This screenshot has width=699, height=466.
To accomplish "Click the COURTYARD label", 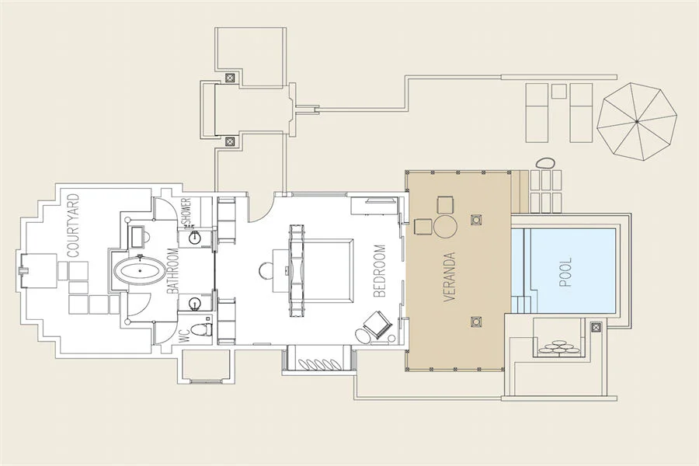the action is click(73, 225).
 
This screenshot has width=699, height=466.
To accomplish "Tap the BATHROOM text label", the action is click(174, 271).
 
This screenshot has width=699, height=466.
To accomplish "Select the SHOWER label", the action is click(186, 212).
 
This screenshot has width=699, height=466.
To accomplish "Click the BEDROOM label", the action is click(379, 271).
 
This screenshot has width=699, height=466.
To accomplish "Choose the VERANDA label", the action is click(450, 276).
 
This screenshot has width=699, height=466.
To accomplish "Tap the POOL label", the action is click(565, 272).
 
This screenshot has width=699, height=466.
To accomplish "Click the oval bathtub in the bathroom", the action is click(139, 270).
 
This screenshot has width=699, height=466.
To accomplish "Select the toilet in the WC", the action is click(200, 329).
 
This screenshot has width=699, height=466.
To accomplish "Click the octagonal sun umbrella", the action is click(637, 121).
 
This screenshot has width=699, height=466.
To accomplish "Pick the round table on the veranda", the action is click(445, 227).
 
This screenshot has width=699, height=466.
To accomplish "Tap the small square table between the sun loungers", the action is click(558, 91).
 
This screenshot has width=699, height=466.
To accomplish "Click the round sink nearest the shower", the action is click(195, 238).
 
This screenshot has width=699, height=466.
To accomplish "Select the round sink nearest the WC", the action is click(195, 304).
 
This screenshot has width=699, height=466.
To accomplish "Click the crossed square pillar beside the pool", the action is click(596, 328).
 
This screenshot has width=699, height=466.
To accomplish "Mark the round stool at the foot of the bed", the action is click(266, 270).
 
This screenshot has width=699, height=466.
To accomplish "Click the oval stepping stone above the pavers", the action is click(544, 163).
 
